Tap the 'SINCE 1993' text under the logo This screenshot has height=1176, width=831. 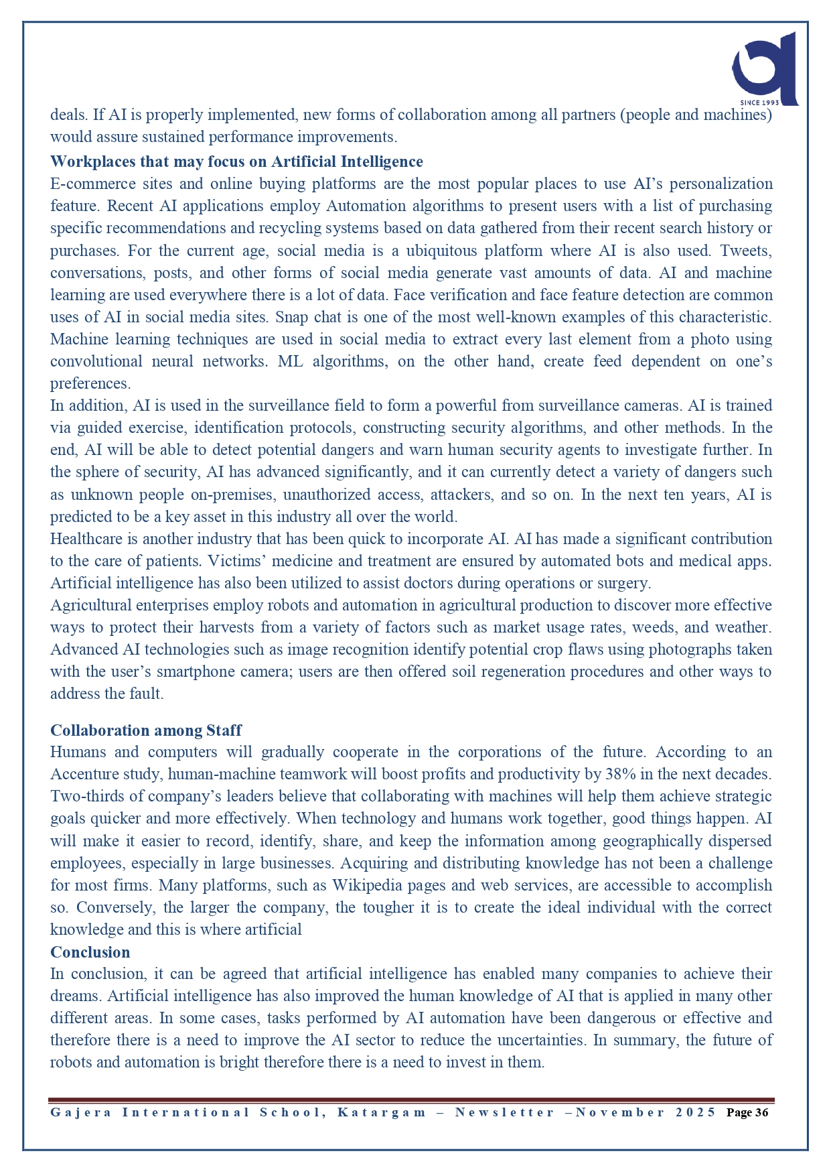[759, 103]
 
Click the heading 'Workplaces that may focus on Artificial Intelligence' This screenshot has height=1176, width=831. [236, 161]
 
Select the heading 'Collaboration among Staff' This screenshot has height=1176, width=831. [146, 730]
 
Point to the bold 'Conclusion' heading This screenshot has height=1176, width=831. [90, 952]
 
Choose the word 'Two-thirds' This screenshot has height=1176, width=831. [85, 796]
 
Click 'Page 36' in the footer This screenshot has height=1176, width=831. [747, 1112]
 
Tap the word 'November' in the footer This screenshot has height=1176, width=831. [620, 1112]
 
